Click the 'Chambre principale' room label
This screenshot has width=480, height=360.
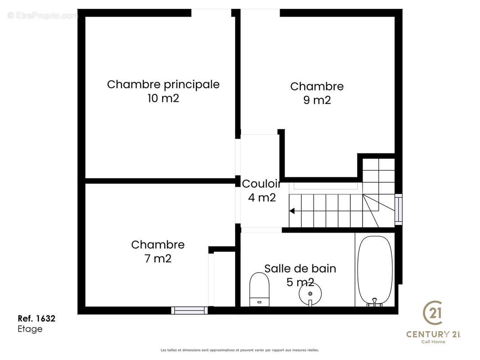(163, 85)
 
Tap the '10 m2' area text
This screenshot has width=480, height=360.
(163, 99)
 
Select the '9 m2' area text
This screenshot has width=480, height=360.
(317, 100)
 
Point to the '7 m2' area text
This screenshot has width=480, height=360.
(158, 259)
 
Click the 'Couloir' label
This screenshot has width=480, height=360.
(261, 184)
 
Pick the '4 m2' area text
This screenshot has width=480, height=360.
(262, 198)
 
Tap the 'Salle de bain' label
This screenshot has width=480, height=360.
(300, 269)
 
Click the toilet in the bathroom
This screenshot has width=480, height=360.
(259, 288)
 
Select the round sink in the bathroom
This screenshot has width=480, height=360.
(310, 294)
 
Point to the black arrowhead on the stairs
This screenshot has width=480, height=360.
(292, 211)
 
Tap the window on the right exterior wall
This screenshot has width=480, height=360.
(398, 209)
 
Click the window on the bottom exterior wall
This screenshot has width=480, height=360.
(189, 310)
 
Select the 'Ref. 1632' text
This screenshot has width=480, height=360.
(36, 319)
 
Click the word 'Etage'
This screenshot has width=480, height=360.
(30, 329)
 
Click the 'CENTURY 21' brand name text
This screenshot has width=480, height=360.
(434, 334)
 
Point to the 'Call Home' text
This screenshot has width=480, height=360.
(433, 342)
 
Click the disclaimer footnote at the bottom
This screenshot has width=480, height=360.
(240, 350)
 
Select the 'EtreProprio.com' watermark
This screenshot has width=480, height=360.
(43, 15)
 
